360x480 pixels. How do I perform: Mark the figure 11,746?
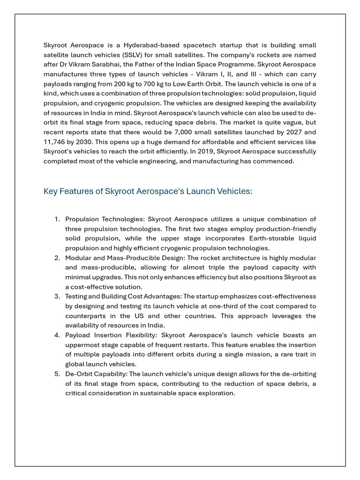point(55,142)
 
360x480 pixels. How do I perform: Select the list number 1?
point(57,219)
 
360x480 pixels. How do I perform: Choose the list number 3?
point(57,296)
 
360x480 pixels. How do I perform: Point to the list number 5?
point(57,374)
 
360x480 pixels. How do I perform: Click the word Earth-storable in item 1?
point(249,238)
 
